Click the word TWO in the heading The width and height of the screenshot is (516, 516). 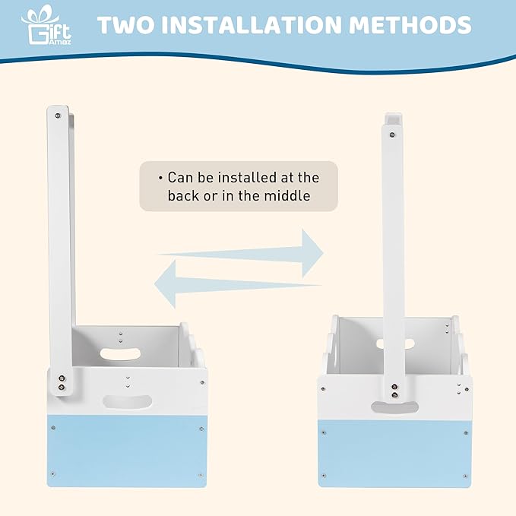[x=126, y=25]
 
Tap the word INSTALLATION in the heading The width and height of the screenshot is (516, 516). [x=252, y=25]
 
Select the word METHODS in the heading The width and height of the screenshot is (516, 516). [x=410, y=25]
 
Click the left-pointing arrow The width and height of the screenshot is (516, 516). [x=238, y=284]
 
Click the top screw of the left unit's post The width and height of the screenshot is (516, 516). [x=58, y=116]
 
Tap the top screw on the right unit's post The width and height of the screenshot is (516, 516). [x=392, y=135]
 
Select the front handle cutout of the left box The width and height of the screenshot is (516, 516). [x=128, y=402]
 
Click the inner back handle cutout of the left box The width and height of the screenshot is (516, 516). [x=120, y=354]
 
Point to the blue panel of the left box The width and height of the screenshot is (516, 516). [x=127, y=451]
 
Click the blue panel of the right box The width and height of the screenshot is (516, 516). [x=394, y=454]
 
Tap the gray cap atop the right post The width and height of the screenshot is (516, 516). [x=393, y=118]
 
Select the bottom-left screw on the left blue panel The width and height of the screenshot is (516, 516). [x=53, y=474]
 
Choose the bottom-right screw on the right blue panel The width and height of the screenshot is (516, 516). [x=465, y=476]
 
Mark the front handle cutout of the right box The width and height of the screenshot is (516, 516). [x=394, y=407]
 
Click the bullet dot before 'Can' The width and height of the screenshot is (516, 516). [x=160, y=179]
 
